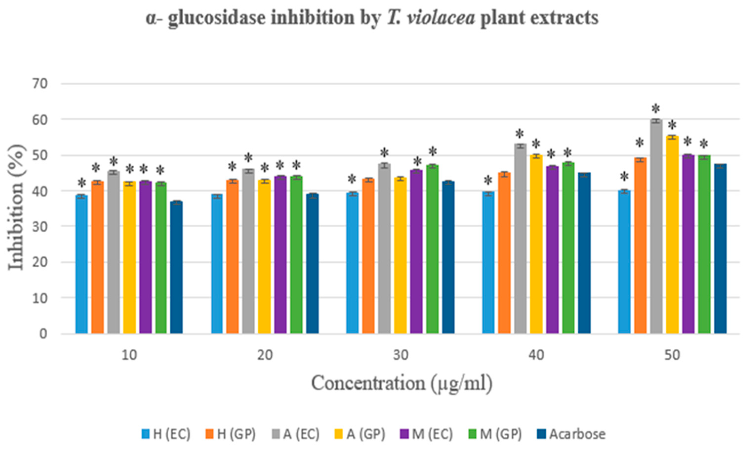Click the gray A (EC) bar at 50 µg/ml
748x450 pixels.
tap(656, 227)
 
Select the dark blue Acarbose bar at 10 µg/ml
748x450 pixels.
tap(176, 268)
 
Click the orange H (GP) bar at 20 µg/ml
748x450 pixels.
tap(232, 258)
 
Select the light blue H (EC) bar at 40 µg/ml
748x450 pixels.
tap(488, 264)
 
